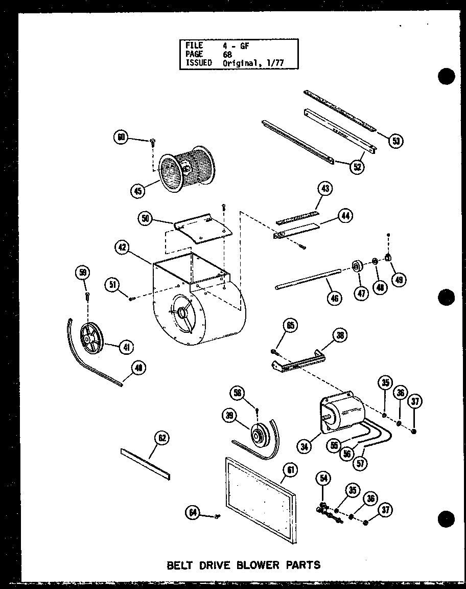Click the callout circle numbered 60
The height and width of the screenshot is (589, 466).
click(121, 137)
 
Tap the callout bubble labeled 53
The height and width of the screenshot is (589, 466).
click(395, 141)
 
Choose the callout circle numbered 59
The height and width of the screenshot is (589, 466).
click(83, 273)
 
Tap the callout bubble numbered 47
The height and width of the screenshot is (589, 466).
click(362, 293)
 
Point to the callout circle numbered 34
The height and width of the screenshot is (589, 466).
click(306, 447)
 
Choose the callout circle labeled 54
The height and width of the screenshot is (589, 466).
click(324, 479)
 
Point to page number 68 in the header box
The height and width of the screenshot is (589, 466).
click(227, 54)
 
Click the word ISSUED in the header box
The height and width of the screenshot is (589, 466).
click(199, 63)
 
